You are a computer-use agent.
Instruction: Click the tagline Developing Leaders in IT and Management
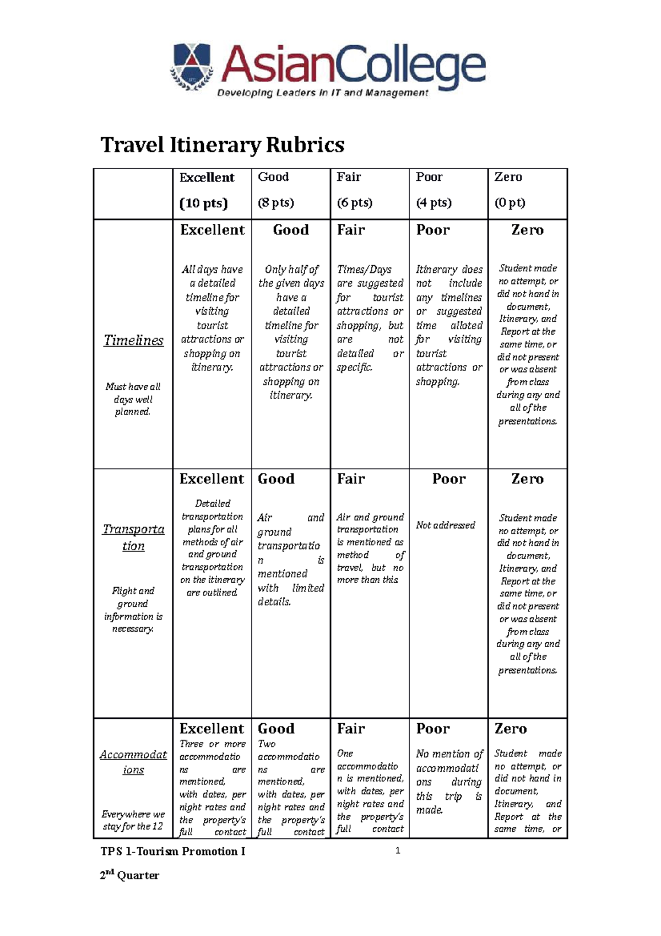tap(322, 93)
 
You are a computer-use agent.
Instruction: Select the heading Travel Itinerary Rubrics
tap(223, 146)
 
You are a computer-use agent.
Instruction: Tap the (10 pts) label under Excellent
tap(203, 203)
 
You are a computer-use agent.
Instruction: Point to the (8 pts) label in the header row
tap(276, 202)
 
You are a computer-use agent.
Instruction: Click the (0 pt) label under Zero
tap(510, 202)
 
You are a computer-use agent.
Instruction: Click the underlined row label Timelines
tap(133, 340)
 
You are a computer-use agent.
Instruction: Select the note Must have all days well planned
tap(133, 399)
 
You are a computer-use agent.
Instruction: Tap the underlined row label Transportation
tap(133, 537)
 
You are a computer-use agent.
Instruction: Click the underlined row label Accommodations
tap(133, 762)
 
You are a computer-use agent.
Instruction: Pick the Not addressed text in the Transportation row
tap(445, 525)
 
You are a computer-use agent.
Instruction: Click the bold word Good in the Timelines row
tap(291, 230)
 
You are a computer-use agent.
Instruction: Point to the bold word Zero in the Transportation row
tap(527, 479)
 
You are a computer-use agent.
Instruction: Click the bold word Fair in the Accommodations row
tap(351, 729)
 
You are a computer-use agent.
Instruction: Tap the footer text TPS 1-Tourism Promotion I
tap(172, 852)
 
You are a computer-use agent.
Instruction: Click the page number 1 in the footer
tap(398, 851)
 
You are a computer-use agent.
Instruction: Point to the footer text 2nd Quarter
tap(129, 875)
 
